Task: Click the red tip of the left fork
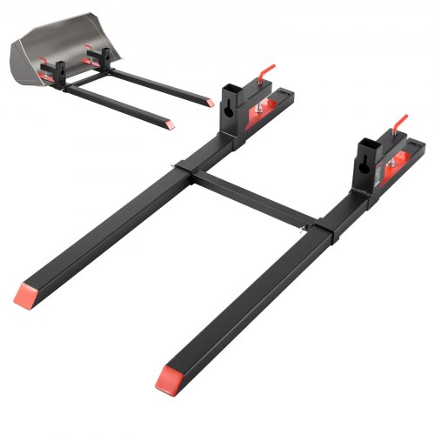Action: (x=27, y=294)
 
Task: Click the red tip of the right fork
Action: (x=168, y=376)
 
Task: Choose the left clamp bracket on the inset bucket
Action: (x=51, y=67)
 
